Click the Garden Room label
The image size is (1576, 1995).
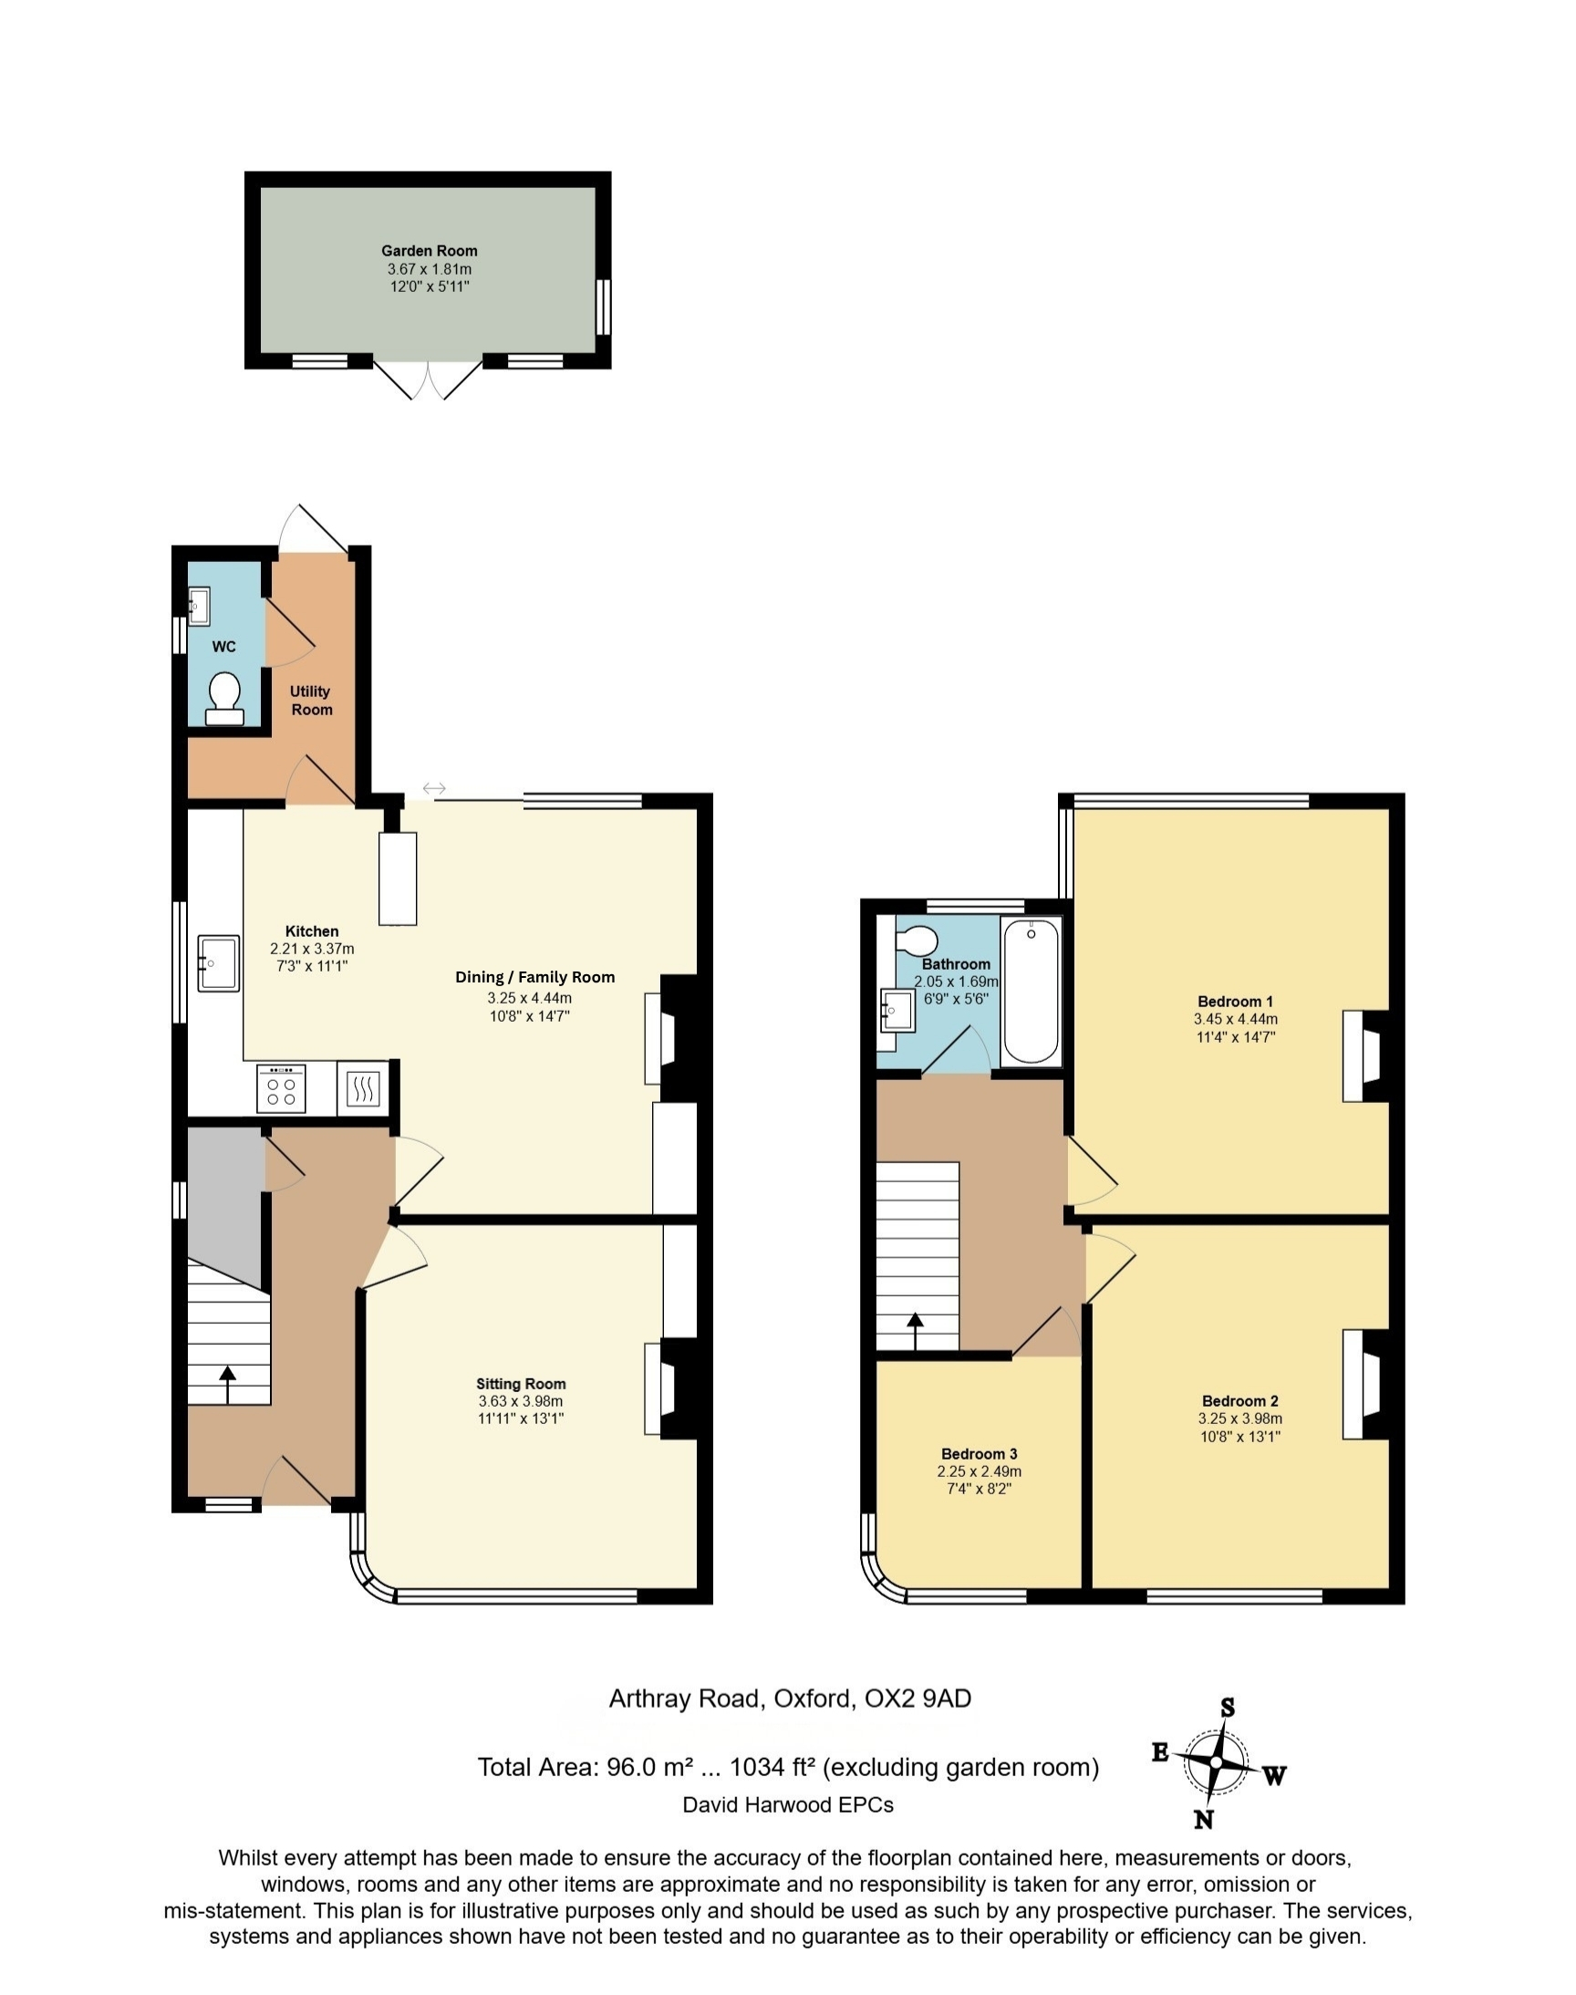tap(429, 251)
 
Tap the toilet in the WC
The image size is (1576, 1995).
tap(224, 699)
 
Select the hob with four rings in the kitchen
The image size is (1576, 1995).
tap(281, 1091)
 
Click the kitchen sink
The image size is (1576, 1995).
tap(218, 963)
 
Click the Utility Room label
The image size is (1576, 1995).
tap(311, 701)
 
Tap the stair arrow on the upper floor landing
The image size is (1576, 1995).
tap(915, 1332)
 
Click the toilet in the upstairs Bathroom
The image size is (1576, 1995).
tap(917, 940)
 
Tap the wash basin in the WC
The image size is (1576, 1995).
tap(199, 607)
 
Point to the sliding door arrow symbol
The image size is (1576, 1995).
tap(434, 788)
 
